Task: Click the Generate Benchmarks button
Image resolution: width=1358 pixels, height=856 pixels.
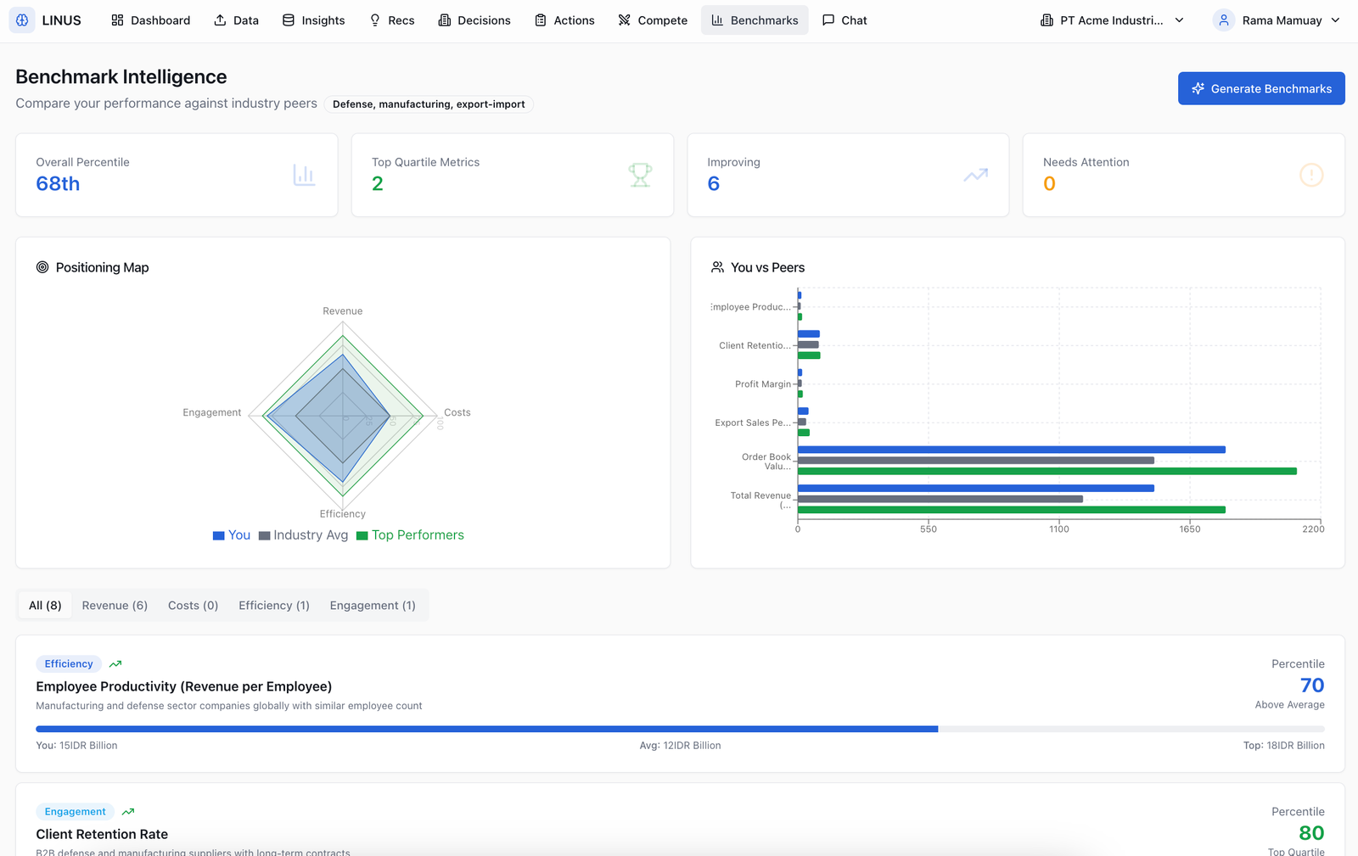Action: click(x=1261, y=88)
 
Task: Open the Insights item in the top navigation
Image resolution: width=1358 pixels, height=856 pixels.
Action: click(x=313, y=20)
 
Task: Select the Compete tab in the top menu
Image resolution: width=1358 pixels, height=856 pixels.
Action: click(x=653, y=20)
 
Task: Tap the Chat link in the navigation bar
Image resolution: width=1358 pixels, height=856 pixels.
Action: click(x=845, y=20)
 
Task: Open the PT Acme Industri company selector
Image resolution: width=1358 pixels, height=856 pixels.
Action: click(x=1112, y=20)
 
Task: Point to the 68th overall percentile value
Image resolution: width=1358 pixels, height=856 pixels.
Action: click(x=58, y=183)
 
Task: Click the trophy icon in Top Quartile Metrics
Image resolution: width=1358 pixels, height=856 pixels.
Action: click(x=640, y=175)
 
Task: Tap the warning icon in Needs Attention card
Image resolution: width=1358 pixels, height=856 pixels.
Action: click(x=1311, y=175)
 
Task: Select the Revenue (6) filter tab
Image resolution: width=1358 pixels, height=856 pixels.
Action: click(x=115, y=605)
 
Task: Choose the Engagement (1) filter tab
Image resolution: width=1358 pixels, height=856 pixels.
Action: click(x=373, y=605)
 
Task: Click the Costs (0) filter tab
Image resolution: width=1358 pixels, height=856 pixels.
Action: click(x=193, y=605)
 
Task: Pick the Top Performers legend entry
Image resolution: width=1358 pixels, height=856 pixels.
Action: click(x=411, y=535)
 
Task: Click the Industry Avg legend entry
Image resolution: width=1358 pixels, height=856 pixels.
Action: click(x=304, y=535)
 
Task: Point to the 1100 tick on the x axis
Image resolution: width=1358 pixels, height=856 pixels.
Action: click(x=1059, y=529)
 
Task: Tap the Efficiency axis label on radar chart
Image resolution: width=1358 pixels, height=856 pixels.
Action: click(x=343, y=514)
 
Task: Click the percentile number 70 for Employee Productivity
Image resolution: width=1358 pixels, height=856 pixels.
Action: click(x=1311, y=685)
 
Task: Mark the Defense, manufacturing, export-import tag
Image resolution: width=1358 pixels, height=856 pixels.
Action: click(x=429, y=104)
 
